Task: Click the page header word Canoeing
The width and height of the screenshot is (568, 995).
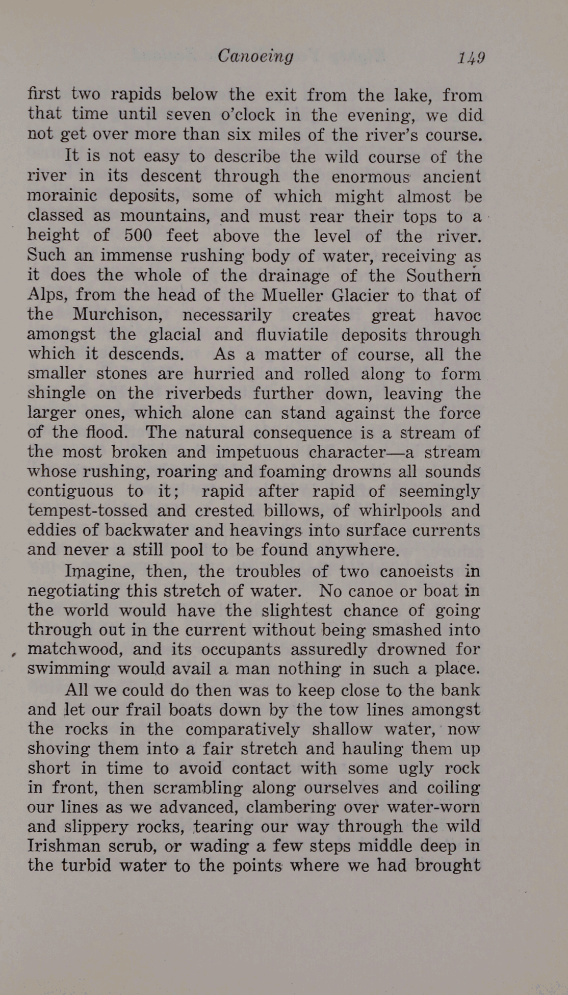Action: click(x=255, y=56)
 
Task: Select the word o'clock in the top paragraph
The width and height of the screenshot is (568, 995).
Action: click(x=247, y=114)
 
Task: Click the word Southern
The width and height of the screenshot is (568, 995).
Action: click(x=444, y=275)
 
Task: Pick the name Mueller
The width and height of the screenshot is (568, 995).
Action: click(x=292, y=295)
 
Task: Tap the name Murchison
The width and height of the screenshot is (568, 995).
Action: click(x=118, y=314)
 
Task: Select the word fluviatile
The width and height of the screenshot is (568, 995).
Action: click(x=294, y=334)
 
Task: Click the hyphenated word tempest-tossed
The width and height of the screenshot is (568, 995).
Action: click(x=87, y=511)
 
